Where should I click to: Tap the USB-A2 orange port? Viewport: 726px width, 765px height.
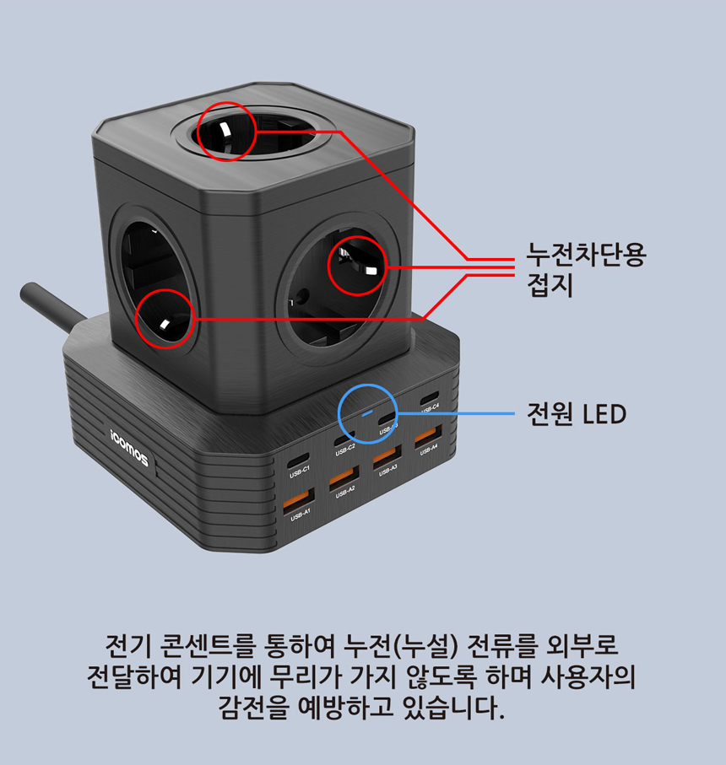pos(344,477)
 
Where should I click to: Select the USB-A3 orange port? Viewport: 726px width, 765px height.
pos(387,456)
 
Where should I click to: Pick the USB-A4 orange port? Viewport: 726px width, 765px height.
pos(427,437)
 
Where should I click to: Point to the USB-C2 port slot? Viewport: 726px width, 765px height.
pos(343,440)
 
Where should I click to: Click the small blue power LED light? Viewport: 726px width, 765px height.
pos(366,414)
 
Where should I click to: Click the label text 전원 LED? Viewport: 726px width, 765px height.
pos(577,414)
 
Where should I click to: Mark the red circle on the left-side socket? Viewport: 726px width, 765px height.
pos(165,319)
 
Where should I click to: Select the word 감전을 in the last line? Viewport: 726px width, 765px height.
pos(249,705)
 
